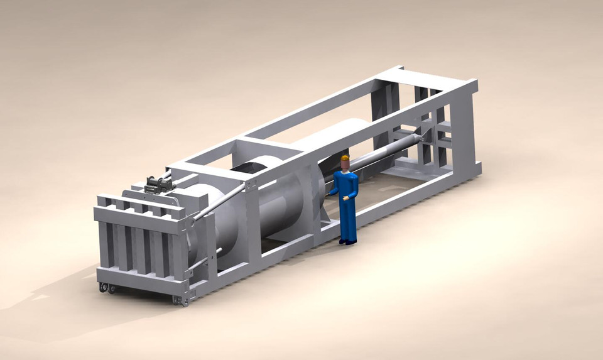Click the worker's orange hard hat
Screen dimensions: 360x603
(344, 158)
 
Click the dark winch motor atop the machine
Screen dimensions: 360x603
(157, 185)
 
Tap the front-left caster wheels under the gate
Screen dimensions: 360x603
(107, 288)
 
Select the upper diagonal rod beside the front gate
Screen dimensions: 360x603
(220, 201)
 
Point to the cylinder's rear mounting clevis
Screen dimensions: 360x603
(427, 133)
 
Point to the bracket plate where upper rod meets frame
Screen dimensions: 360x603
(250, 185)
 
